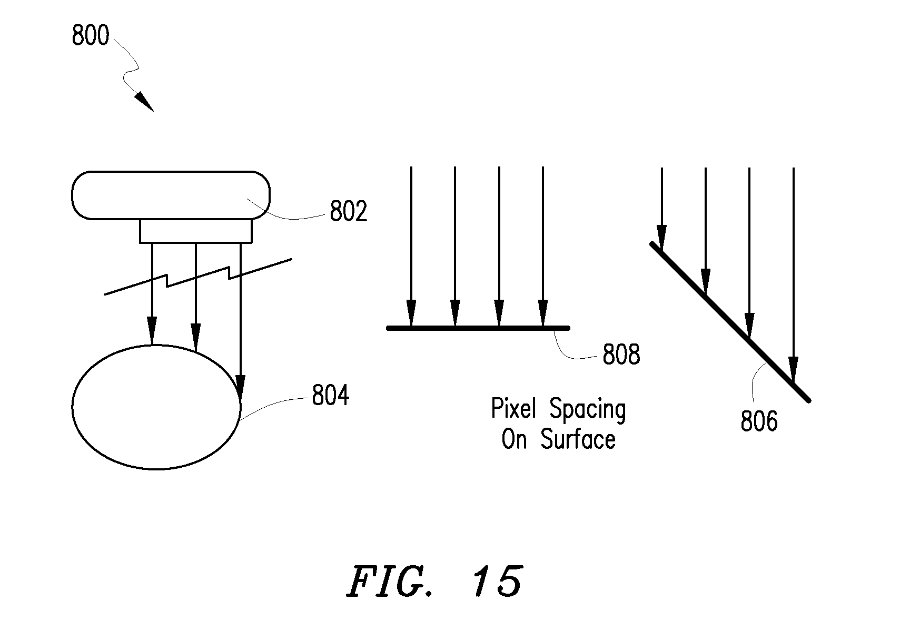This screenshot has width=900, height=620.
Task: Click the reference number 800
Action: point(91,35)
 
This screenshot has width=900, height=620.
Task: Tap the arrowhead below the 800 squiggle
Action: point(144,102)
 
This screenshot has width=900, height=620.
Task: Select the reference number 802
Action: point(348,211)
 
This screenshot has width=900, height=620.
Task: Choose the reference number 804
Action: point(331,395)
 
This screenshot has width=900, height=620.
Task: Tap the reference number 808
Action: point(621,355)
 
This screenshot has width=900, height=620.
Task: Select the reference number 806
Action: point(759,421)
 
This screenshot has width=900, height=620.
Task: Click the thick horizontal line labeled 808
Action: point(478,328)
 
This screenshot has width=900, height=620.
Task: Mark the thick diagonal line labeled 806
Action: point(730,322)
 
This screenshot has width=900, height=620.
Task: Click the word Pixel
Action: point(513,408)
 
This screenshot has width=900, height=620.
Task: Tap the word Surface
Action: point(578,439)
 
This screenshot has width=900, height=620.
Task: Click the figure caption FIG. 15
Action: point(436,581)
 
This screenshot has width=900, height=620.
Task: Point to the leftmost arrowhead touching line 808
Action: point(411,313)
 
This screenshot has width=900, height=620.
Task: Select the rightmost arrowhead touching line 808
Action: point(543,313)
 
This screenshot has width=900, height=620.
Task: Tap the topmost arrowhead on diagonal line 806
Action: point(661,238)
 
